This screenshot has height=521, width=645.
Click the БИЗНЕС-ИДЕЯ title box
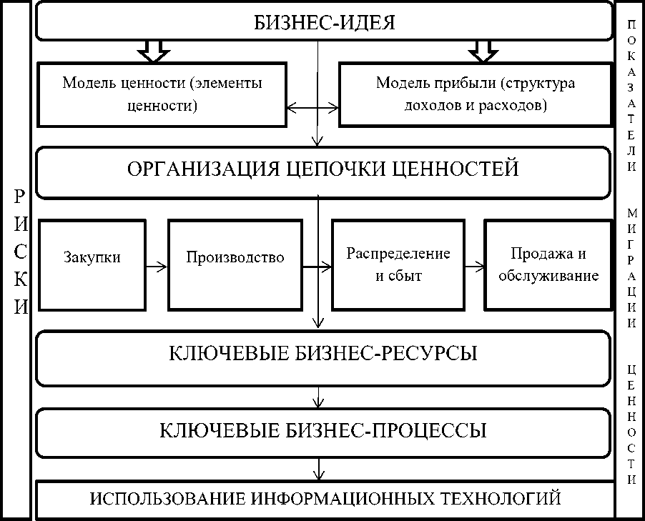[x=324, y=21]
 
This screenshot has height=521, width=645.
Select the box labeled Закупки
[x=91, y=264]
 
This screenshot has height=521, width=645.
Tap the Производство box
[x=235, y=264]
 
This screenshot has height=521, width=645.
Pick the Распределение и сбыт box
[x=398, y=264]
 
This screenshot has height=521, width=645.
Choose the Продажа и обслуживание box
[x=548, y=264]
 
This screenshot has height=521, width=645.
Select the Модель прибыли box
[x=475, y=94]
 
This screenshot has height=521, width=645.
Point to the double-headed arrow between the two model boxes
[x=312, y=108]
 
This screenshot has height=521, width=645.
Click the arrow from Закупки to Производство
[x=156, y=267]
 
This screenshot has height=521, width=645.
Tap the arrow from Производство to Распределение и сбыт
[x=316, y=267]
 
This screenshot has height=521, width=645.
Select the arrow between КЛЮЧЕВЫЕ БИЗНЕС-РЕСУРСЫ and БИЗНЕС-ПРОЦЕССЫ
[x=319, y=397]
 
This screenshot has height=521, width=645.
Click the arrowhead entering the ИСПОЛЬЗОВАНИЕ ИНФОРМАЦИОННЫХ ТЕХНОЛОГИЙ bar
[x=319, y=475]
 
